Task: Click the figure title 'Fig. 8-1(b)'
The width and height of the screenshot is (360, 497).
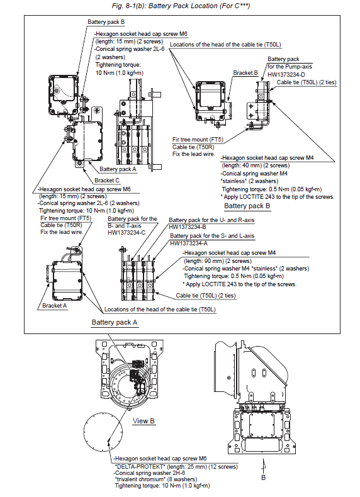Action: [x=129, y=6]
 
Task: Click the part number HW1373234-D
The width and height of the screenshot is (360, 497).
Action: [x=286, y=74]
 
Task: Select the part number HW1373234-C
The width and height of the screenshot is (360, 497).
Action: [x=127, y=233]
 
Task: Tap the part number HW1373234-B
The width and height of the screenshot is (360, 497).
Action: [x=188, y=227]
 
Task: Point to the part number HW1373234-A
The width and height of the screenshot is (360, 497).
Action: [x=189, y=243]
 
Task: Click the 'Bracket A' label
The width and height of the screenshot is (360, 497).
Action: [x=55, y=306]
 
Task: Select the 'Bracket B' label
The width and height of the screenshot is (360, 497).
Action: [x=245, y=73]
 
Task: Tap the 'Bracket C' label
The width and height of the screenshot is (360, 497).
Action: [x=107, y=181]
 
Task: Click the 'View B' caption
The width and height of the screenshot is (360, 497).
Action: [x=143, y=421]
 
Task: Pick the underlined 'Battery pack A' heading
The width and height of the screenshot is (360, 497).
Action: [x=115, y=322]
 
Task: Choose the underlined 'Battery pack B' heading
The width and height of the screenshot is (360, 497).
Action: [x=247, y=206]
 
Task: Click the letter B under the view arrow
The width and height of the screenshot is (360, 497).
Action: [x=263, y=477]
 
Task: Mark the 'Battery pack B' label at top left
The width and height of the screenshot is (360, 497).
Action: [x=106, y=22]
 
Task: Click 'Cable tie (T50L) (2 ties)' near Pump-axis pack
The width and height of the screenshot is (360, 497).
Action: [x=307, y=82]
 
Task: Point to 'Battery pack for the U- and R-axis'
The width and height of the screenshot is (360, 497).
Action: [x=211, y=220]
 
